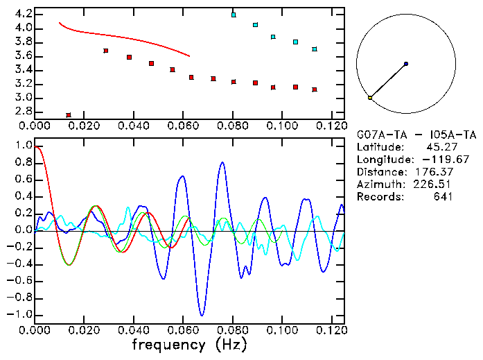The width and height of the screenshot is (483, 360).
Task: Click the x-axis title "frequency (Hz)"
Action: coord(188,343)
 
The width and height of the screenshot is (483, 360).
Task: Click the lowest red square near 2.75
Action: coord(69,114)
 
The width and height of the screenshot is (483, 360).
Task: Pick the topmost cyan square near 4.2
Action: coord(234,15)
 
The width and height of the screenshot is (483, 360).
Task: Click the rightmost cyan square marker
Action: coord(315,49)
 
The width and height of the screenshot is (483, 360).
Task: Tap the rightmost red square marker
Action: coord(315,89)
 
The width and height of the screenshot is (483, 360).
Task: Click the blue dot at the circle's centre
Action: coord(405,64)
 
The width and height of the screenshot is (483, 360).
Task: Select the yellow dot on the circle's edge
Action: coord(370,98)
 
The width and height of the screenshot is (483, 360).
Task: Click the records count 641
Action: coord(444,197)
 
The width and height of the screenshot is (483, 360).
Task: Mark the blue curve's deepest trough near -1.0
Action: coord(202,315)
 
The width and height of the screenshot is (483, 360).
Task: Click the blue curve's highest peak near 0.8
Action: coord(222,162)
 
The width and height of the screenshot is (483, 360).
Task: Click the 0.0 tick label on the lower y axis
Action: coord(23,230)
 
